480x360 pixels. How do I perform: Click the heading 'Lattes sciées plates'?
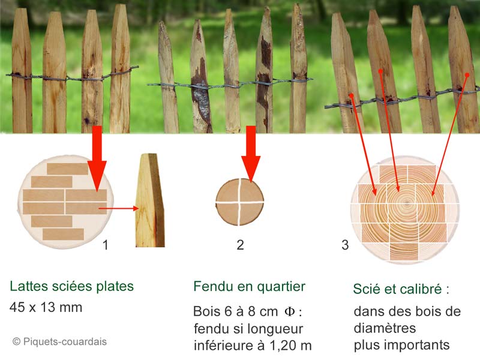[72, 286]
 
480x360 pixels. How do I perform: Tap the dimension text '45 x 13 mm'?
[46, 307]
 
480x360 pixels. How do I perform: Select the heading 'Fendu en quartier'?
[250, 287]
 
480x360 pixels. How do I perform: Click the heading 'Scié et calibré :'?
[401, 289]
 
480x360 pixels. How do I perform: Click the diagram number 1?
[106, 245]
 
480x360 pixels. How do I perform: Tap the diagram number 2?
[241, 245]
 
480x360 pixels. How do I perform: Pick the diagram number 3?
[345, 245]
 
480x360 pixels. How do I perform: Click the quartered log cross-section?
[239, 202]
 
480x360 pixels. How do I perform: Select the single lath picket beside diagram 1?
[150, 200]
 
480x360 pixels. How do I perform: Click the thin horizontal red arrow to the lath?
[118, 208]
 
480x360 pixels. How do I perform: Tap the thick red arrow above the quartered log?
[251, 154]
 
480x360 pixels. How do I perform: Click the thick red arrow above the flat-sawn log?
[97, 158]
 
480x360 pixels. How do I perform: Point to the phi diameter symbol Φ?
[290, 311]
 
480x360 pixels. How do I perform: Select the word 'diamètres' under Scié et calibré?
[385, 328]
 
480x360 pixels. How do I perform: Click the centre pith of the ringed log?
[407, 203]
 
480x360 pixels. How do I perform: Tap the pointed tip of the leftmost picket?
[20, 9]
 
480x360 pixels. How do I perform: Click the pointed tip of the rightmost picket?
[454, 7]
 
